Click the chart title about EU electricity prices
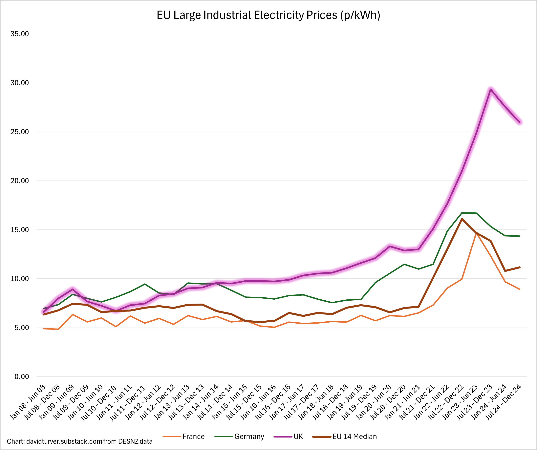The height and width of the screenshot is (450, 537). [x=268, y=15]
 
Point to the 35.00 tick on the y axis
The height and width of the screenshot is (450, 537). [x=20, y=34]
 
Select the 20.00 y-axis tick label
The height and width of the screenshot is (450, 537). [x=20, y=181]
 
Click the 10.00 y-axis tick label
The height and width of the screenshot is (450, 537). [x=20, y=279]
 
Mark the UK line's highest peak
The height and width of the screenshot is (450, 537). [x=491, y=89]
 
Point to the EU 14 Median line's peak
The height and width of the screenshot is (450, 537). [x=462, y=219]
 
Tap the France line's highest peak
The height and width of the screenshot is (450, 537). [x=476, y=233]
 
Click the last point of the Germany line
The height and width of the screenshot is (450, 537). [x=519, y=236]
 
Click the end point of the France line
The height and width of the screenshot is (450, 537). [x=519, y=289]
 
